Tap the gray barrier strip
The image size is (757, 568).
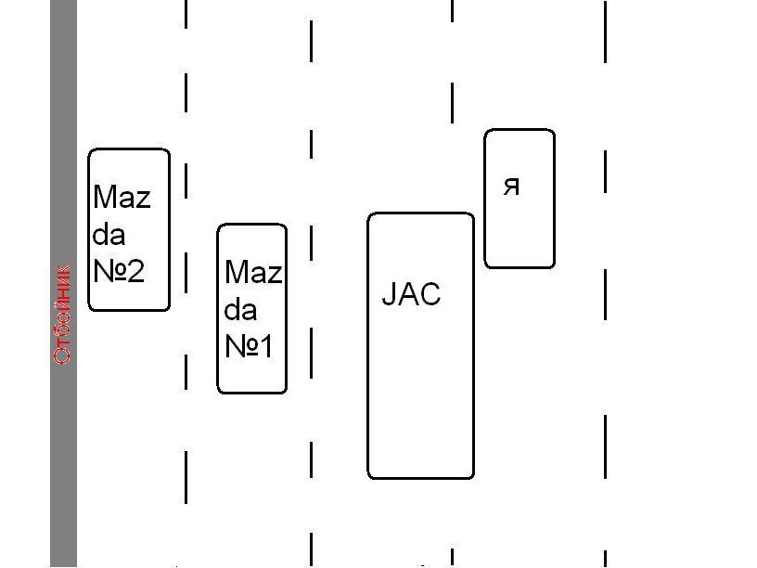coord(63,139)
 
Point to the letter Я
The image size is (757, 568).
coord(511,186)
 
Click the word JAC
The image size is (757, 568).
coord(411,294)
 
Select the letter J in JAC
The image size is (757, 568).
coord(389,294)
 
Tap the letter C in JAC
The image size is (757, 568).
coord(430,294)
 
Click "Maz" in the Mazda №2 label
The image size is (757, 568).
coord(122,197)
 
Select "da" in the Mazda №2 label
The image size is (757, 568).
coord(109,234)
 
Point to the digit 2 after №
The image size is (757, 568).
coord(135,271)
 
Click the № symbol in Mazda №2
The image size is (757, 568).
coord(109,271)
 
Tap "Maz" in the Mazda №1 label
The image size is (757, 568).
coord(253,272)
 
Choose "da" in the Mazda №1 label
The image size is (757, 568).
coord(240,309)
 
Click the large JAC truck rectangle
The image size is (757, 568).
coord(420,399)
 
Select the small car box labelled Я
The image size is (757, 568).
coord(520,232)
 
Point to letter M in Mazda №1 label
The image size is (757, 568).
coord(236,272)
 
